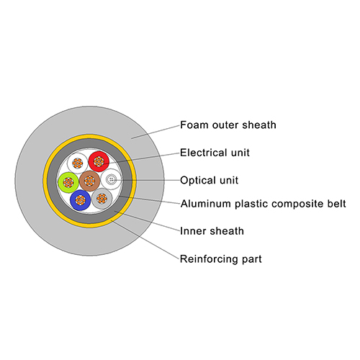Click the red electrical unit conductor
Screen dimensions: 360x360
point(99,161)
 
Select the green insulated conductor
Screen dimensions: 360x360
point(68,182)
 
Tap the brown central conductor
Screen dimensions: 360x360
point(89,181)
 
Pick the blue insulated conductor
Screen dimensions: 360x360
point(81,200)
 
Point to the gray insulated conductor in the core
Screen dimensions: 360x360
point(102,198)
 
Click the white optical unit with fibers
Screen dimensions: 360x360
point(111,179)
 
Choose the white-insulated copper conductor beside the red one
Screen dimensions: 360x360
point(78,163)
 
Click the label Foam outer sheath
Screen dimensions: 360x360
point(228,125)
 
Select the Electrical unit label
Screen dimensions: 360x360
point(215,153)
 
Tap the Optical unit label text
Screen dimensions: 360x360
point(210,181)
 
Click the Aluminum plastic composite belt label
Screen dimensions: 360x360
point(264,204)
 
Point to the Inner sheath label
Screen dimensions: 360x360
point(212,231)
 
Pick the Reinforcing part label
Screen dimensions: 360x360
point(221,259)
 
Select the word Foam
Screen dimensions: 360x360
point(194,125)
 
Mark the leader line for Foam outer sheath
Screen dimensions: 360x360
point(156,132)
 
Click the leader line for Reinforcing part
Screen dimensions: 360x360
point(145,240)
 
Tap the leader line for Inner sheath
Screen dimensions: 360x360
point(147,221)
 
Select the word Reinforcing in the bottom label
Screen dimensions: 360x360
point(207,259)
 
